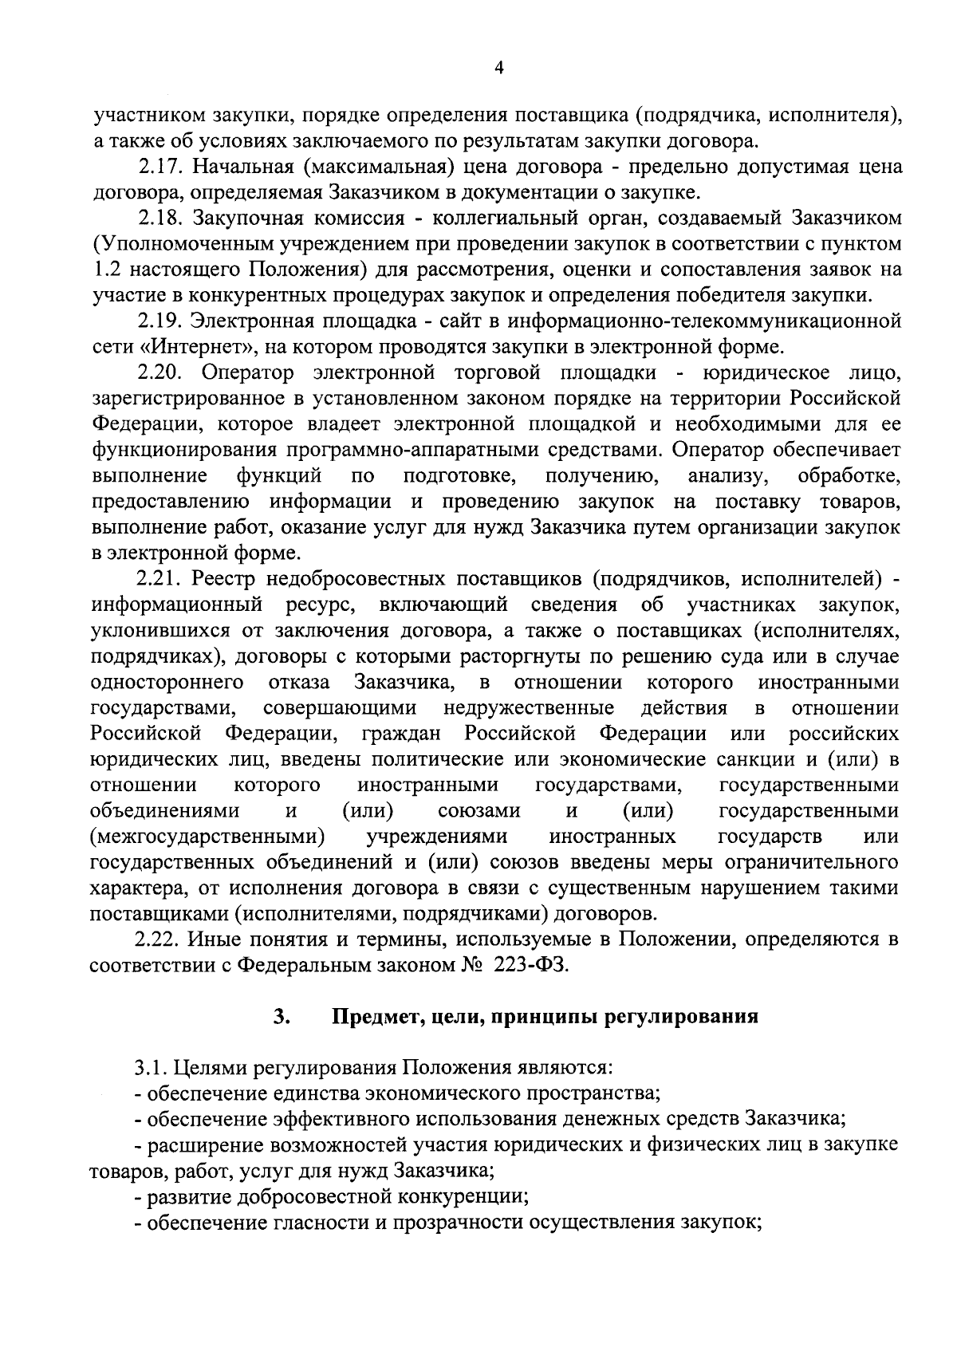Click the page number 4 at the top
498,69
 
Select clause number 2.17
160,167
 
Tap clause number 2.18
160,218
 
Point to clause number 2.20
160,372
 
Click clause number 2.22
160,939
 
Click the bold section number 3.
279,1017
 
